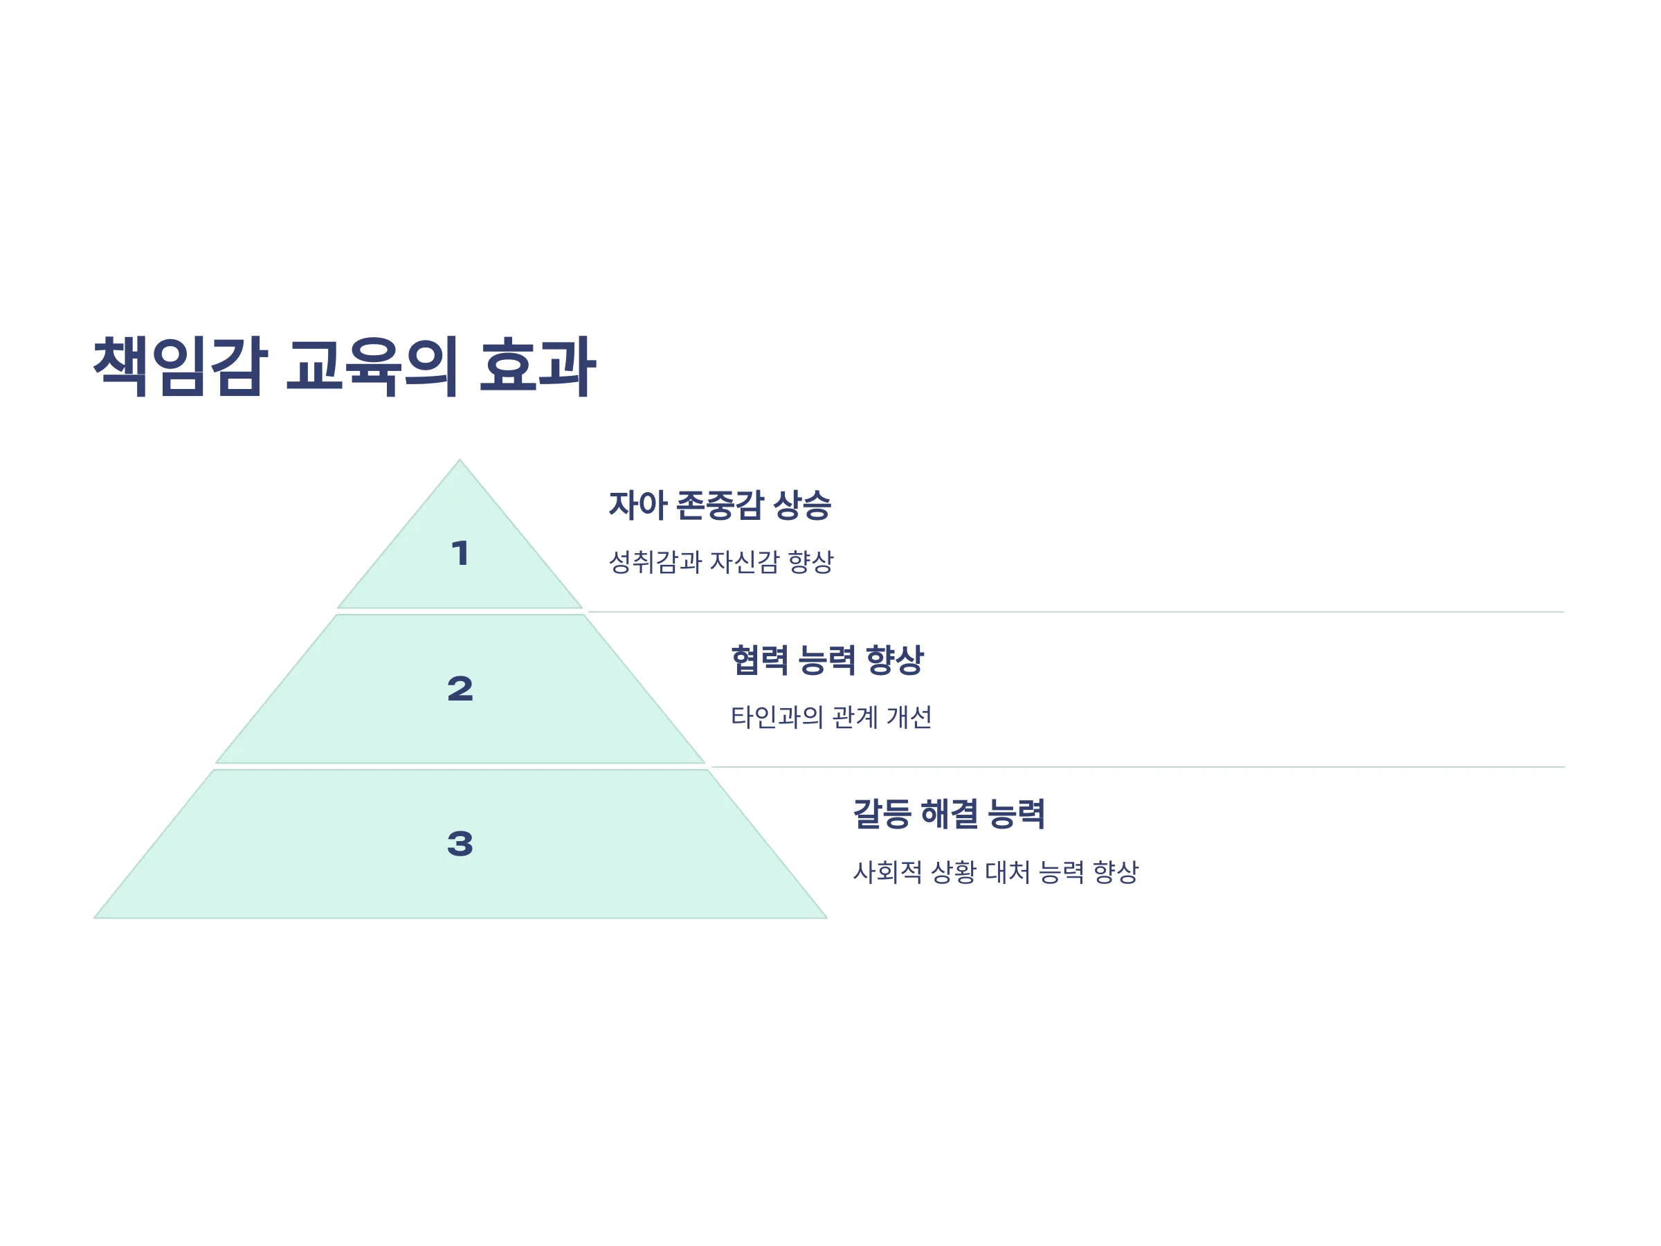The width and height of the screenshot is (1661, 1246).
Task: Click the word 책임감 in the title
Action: pos(180,366)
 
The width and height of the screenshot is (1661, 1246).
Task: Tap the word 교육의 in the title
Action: pos(372,366)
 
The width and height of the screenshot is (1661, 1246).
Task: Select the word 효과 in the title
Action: pos(538,366)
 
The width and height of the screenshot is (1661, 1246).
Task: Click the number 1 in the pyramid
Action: pos(460,554)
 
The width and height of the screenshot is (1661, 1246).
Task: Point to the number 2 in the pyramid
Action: pos(460,689)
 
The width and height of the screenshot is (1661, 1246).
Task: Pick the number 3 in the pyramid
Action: pos(460,843)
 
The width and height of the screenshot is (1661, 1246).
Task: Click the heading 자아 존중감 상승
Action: pos(719,505)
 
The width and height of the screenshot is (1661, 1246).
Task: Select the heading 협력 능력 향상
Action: pos(827,660)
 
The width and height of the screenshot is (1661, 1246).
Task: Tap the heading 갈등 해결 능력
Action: pos(948,813)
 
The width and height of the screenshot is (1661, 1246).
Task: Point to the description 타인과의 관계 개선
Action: pos(831,716)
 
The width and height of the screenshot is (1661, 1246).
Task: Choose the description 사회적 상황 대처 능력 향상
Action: pos(996,872)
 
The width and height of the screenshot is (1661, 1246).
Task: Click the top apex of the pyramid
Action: pos(460,460)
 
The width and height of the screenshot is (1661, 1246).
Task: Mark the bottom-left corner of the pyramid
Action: pos(95,918)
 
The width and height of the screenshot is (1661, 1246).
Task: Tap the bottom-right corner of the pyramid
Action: pos(827,918)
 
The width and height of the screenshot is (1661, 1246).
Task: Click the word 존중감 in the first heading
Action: pos(722,505)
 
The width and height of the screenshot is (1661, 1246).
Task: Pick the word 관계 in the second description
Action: pos(855,716)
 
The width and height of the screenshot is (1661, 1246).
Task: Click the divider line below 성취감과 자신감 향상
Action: pos(1075,612)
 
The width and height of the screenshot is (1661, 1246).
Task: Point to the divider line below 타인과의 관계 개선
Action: pos(1138,767)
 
